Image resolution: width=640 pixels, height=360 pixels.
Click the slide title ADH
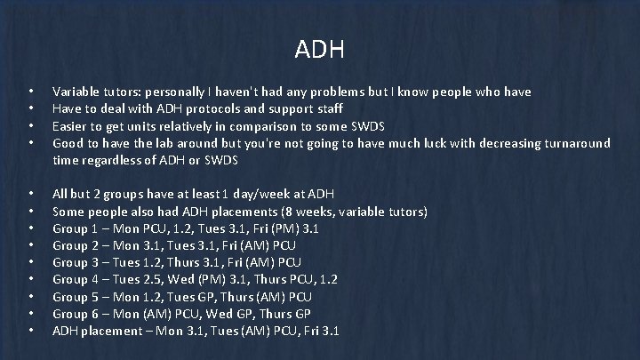(319, 49)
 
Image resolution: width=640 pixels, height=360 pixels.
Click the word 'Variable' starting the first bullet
(76, 92)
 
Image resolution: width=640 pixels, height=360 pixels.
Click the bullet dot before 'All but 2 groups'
(31, 194)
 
